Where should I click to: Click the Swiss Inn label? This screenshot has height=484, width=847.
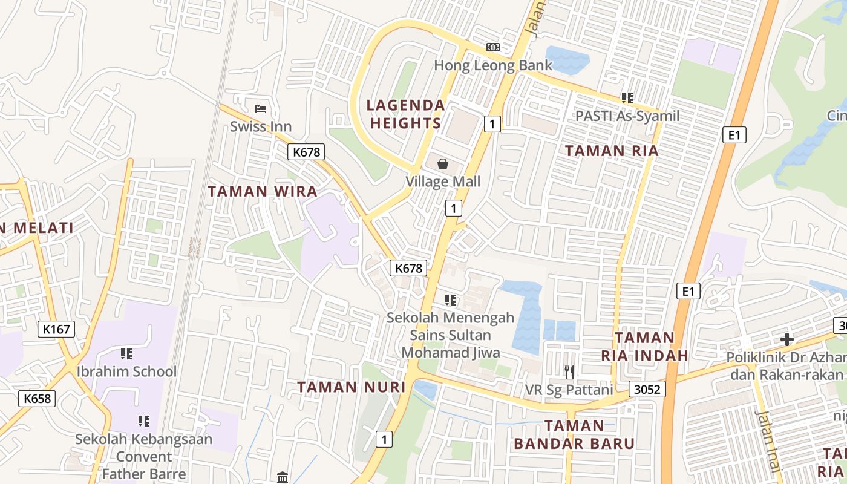point(261,126)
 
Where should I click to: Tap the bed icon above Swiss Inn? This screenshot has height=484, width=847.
point(261,109)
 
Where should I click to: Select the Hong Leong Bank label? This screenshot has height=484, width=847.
point(493,65)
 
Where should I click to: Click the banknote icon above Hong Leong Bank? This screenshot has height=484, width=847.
point(493,47)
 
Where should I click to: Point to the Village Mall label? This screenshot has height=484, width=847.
point(443,181)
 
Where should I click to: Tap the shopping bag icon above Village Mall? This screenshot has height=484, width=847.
point(443,164)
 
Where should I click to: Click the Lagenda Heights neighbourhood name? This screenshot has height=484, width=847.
point(406,114)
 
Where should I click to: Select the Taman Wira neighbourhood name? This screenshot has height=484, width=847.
point(263,192)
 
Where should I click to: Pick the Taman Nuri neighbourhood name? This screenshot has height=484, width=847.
point(351,387)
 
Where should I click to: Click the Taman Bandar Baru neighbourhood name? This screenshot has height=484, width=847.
point(574,434)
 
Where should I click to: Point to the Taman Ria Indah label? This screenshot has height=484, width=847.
point(645,346)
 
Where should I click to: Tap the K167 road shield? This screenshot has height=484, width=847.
point(57,329)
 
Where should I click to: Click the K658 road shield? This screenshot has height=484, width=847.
point(38,398)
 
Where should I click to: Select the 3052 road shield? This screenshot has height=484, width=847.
point(647,389)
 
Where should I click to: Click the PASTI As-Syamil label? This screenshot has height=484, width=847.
point(627,116)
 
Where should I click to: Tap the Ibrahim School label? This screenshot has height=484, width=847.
point(127,371)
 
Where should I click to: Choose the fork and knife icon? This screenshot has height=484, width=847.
point(569,371)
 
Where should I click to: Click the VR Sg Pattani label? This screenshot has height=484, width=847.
point(569,389)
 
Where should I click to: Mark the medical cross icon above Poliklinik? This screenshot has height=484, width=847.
point(786,339)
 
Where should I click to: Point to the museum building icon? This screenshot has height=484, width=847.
point(283,478)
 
